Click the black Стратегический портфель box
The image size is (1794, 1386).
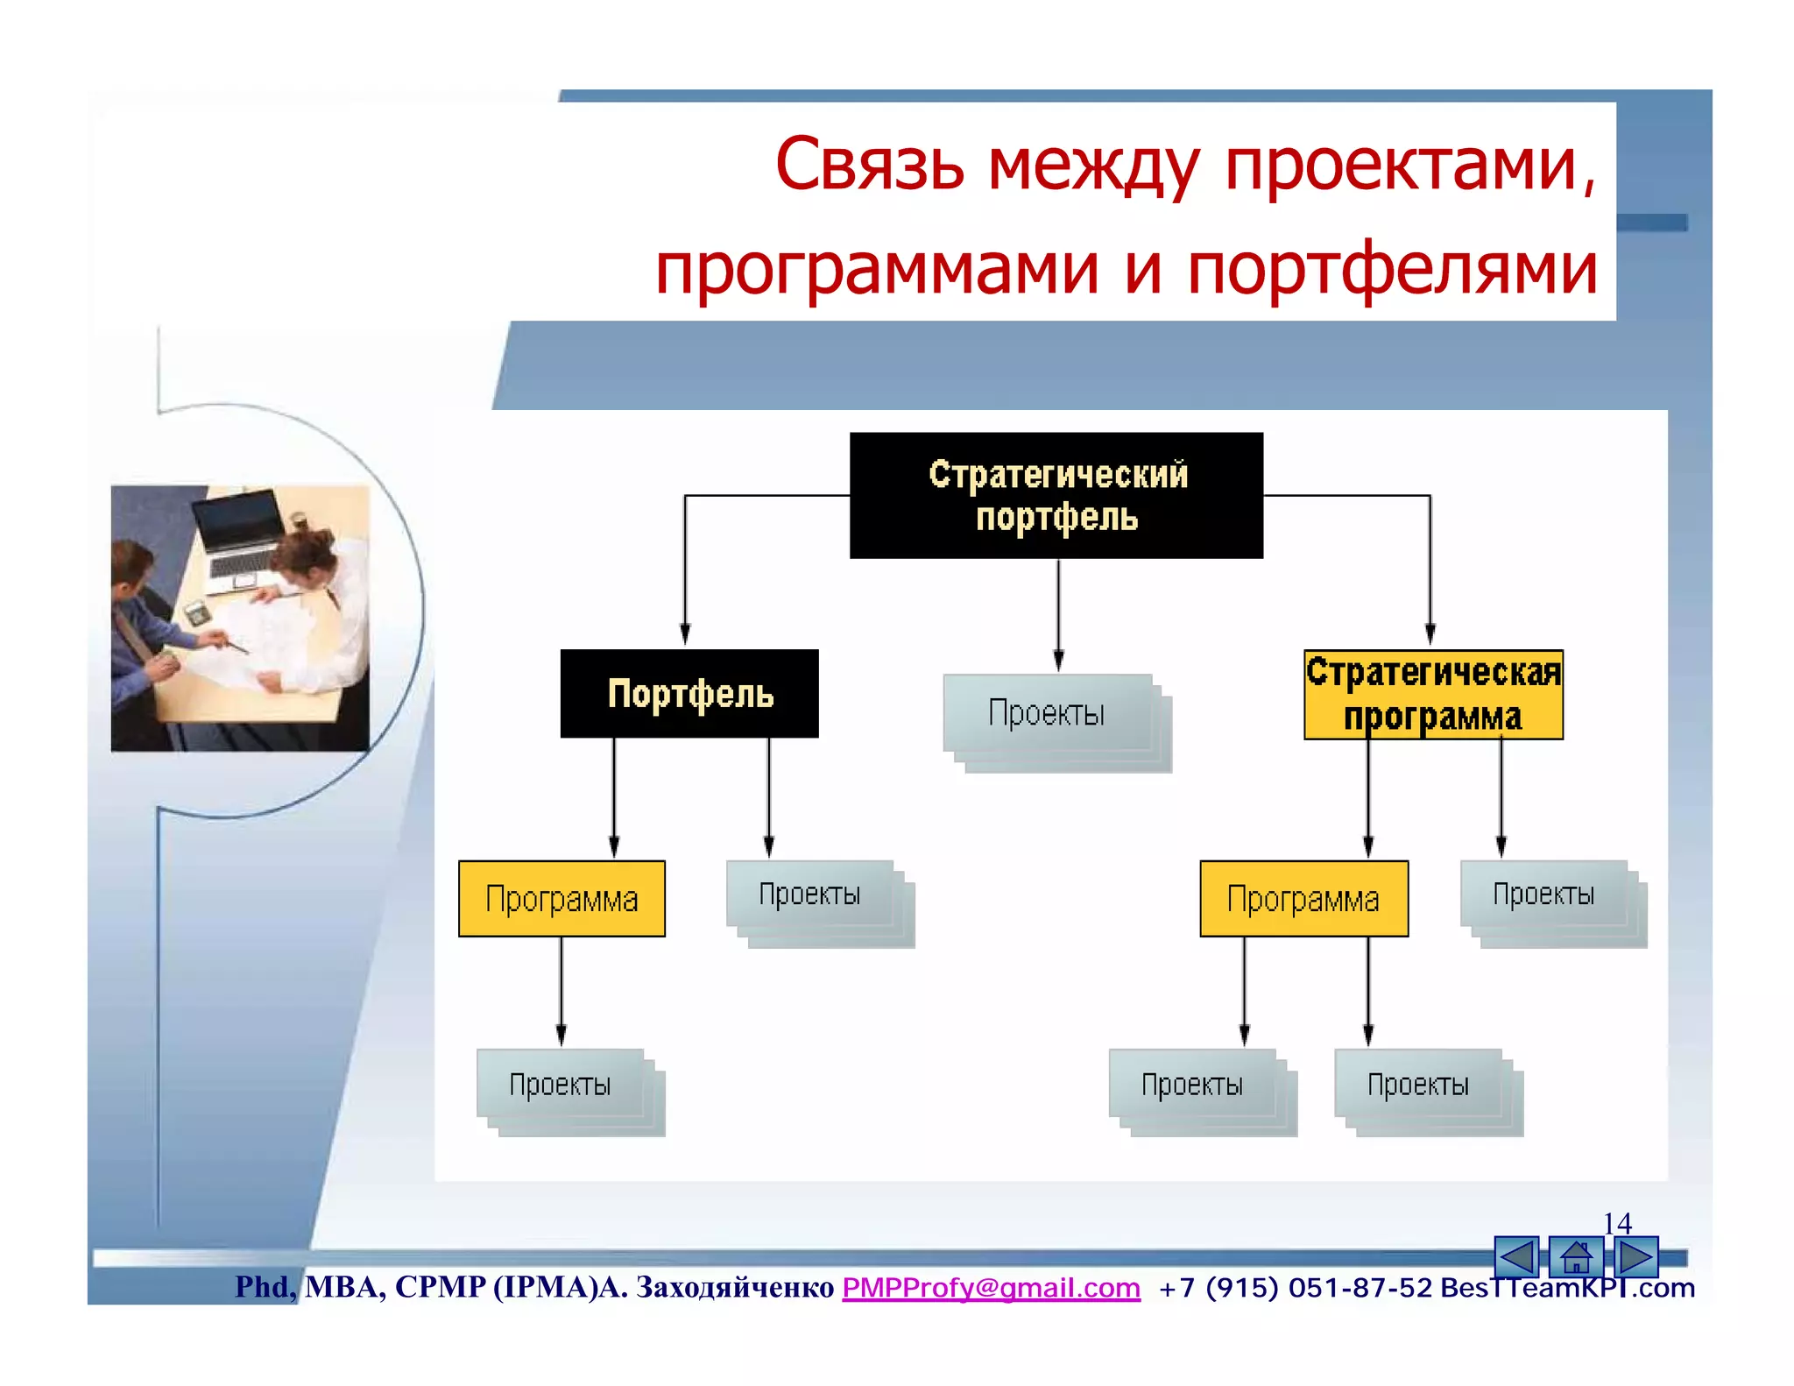click(1056, 495)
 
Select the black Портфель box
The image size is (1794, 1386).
click(689, 694)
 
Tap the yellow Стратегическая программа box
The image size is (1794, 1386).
click(1433, 695)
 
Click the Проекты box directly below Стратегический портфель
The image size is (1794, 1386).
click(1048, 713)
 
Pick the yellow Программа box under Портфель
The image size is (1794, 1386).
click(562, 899)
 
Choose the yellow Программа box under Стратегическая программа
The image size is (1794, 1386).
click(1303, 899)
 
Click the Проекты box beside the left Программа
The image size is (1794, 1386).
click(810, 895)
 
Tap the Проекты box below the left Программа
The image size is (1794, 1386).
click(561, 1085)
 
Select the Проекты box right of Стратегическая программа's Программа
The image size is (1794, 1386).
click(1544, 895)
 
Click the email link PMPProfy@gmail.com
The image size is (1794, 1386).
click(991, 1287)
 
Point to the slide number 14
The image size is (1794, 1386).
click(1617, 1222)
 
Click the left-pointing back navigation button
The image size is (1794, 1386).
click(1516, 1258)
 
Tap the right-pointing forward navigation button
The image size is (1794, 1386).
click(1635, 1258)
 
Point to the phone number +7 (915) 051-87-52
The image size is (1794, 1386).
click(1295, 1288)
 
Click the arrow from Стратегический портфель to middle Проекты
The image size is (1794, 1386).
click(1058, 613)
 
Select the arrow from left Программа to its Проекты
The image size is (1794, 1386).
click(562, 990)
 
